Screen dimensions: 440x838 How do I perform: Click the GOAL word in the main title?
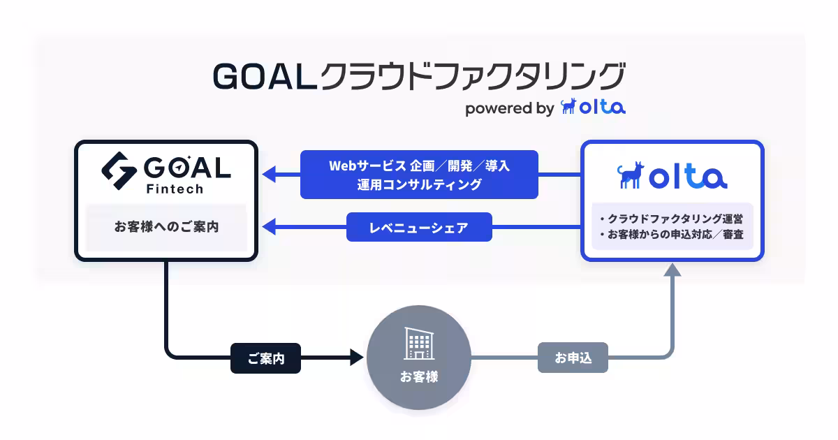tap(263, 77)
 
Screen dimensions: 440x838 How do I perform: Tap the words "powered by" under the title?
tap(509, 108)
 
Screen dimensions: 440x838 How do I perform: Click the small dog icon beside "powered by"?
tap(569, 107)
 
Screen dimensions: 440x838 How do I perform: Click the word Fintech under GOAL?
tap(175, 189)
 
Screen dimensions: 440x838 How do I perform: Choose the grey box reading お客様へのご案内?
tap(166, 227)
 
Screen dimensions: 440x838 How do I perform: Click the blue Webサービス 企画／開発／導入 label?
tap(419, 166)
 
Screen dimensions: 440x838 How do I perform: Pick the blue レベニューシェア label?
tap(419, 227)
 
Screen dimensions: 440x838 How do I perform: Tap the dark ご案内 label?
tap(265, 358)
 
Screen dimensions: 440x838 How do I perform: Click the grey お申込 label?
tap(573, 358)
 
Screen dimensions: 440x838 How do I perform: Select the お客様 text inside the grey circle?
tap(419, 377)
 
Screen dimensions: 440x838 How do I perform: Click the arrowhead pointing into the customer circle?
tap(357, 358)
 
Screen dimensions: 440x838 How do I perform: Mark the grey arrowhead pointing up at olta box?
tap(672, 270)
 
